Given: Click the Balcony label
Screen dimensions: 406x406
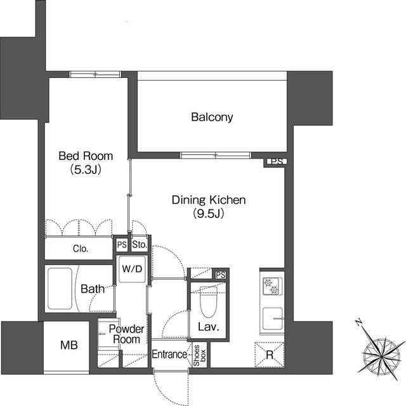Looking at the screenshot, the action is tap(212, 117).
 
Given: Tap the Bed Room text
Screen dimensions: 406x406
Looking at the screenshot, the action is tap(86, 156).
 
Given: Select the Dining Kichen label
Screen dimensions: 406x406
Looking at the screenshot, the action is tap(209, 200).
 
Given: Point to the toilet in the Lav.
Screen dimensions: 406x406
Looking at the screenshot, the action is tap(209, 302).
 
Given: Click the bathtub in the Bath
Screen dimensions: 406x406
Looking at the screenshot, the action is tap(60, 289).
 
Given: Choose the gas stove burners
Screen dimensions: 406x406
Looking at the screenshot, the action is tap(272, 286).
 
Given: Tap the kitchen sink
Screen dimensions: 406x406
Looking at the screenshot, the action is tap(273, 318).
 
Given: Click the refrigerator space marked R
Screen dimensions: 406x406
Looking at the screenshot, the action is tap(270, 355).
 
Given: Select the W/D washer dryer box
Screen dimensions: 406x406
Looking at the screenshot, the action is tap(132, 269).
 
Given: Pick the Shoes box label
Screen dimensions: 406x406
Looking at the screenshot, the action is tap(200, 355).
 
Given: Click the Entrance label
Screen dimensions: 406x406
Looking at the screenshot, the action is tap(169, 355).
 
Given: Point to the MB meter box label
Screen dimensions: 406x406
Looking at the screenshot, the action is tap(69, 345).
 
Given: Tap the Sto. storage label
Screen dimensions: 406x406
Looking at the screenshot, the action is tap(140, 244).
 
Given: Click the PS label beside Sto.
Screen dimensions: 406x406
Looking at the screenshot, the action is tap(122, 245).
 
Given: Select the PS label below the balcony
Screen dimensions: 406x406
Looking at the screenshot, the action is tap(277, 162).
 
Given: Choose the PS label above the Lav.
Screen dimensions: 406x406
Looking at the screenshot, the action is tap(221, 275).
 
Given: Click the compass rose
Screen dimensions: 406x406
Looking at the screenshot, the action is tap(382, 356).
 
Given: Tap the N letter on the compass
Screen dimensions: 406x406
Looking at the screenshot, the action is tap(358, 323).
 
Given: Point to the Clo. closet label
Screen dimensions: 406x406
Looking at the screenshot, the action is tap(81, 249).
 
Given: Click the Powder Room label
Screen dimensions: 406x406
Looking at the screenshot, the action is tap(127, 334).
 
